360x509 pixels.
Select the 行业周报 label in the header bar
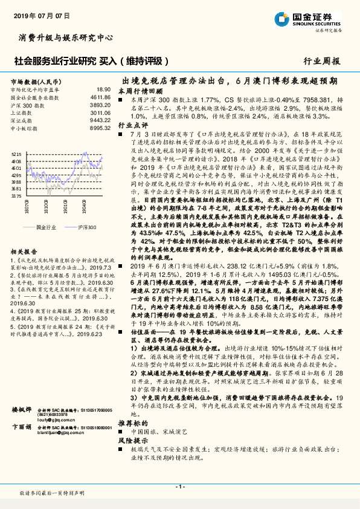pyautogui.click(x=321, y=61)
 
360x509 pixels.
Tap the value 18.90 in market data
pyautogui.click(x=104, y=89)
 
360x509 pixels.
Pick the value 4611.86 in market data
pyautogui.click(x=100, y=97)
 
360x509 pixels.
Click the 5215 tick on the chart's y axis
pyautogui.click(x=17, y=155)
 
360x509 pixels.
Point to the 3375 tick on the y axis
pyautogui.click(x=17, y=196)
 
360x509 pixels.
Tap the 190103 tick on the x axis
pyautogui.click(x=66, y=209)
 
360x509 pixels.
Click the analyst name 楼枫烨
pyautogui.click(x=22, y=410)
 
